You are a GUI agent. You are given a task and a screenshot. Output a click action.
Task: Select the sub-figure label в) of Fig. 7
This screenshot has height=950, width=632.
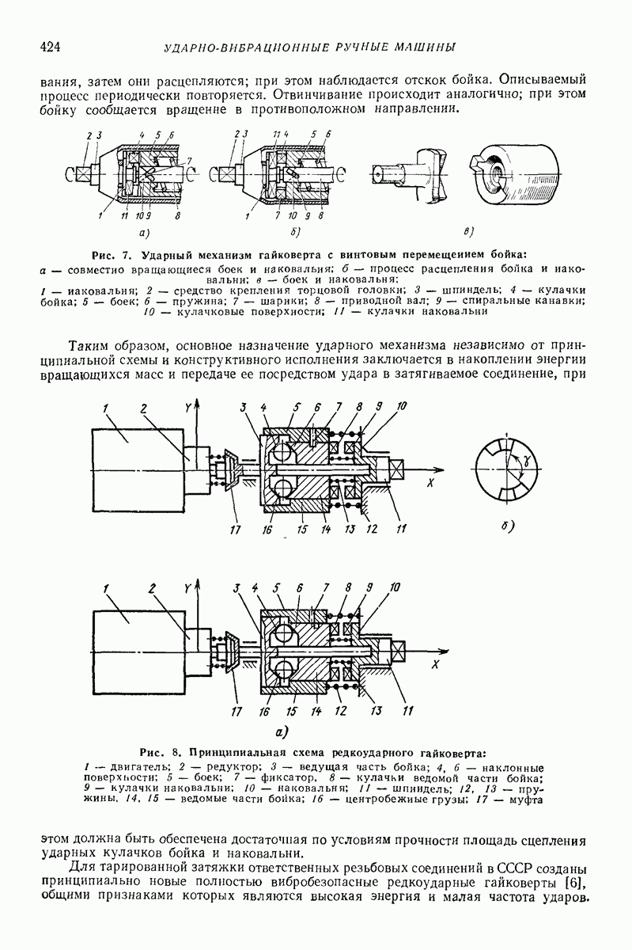point(468,232)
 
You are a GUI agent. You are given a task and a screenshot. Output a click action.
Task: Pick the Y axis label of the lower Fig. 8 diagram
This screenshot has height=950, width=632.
point(187,588)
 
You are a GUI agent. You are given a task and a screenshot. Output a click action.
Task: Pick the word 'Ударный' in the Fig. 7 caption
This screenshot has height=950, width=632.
point(170,255)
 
